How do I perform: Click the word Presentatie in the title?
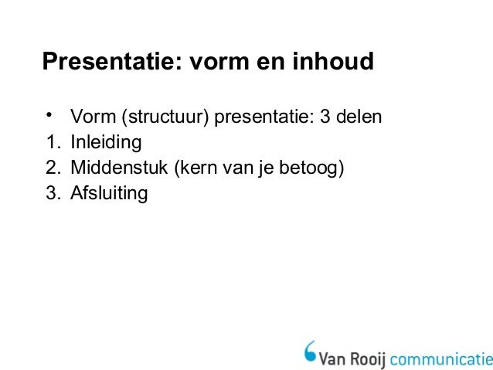(108, 61)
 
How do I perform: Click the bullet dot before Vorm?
(48, 116)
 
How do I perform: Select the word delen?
(360, 118)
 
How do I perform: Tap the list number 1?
(52, 143)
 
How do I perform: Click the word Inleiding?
(106, 143)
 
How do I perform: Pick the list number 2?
(52, 168)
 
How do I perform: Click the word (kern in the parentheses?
(192, 168)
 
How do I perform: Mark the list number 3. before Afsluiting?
(52, 192)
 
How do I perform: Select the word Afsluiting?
(109, 192)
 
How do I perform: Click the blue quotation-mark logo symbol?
(310, 351)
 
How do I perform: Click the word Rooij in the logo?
(367, 358)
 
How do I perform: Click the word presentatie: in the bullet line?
(262, 118)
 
